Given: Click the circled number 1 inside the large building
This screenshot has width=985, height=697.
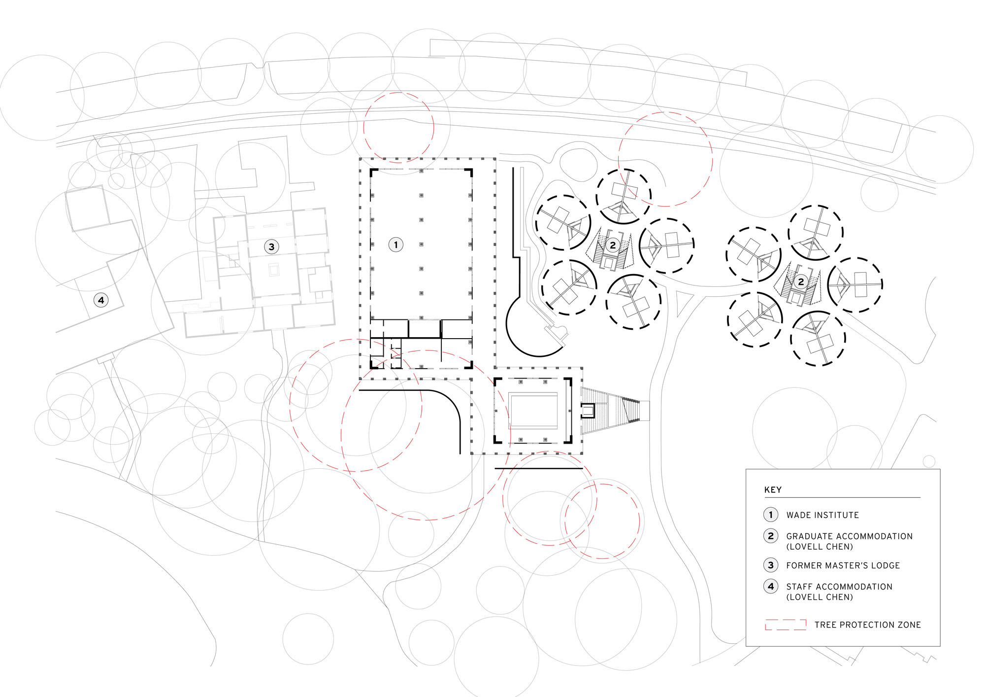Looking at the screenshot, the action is point(396,244).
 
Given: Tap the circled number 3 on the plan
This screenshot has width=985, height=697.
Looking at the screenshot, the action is point(271,246).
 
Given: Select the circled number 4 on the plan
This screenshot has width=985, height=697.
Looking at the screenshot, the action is point(101,300).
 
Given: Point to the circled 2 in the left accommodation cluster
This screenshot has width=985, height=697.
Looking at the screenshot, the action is point(613,245).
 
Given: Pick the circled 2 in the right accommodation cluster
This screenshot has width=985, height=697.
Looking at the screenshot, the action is point(801,281).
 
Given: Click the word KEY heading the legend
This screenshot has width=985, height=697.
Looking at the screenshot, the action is point(773,489).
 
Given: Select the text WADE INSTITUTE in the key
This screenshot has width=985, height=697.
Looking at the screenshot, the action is point(822,515).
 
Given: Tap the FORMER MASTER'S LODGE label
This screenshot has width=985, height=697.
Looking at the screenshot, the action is point(843,565).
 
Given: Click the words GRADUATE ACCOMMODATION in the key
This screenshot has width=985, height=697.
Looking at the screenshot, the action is point(849,536).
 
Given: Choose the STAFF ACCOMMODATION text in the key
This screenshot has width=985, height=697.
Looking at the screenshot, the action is point(839,587).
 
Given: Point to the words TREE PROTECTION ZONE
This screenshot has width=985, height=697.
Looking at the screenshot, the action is point(867,625).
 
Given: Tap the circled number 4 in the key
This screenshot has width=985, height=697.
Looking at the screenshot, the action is point(771,586).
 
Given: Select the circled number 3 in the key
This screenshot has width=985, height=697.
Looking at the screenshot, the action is point(771,565).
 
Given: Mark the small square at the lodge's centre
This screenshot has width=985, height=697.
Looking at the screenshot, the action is point(273,270).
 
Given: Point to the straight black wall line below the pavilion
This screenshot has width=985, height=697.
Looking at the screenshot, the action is point(539,468).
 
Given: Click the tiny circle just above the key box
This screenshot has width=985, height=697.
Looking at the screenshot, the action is point(929,461).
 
